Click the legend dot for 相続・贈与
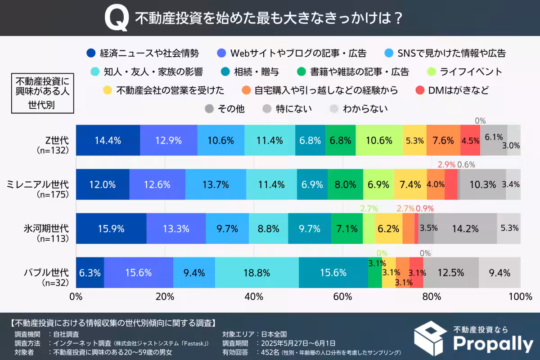tap(225, 72)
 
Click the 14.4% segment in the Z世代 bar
tap(108, 140)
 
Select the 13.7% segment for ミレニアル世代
tap(216, 184)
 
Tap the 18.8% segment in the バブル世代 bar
tap(256, 273)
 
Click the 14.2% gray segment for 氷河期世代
tap(465, 229)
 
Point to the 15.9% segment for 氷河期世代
tap(111, 229)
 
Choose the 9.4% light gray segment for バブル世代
tap(499, 273)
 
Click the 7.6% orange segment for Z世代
tap(443, 140)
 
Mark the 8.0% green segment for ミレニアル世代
tap(345, 184)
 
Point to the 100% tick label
tap(520, 297)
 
